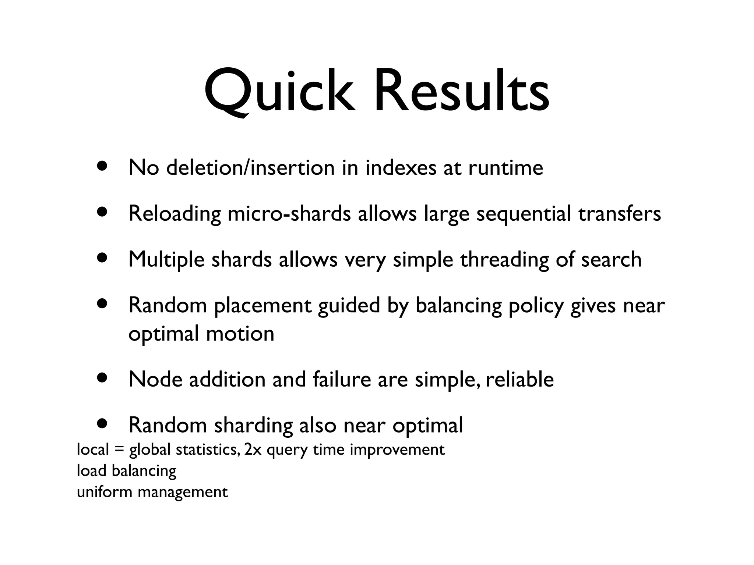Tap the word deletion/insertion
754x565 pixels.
(x=251, y=168)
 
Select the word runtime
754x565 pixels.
(x=505, y=168)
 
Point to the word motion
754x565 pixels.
(x=240, y=334)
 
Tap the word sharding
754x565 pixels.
(x=253, y=426)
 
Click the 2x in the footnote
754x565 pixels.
(x=253, y=449)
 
